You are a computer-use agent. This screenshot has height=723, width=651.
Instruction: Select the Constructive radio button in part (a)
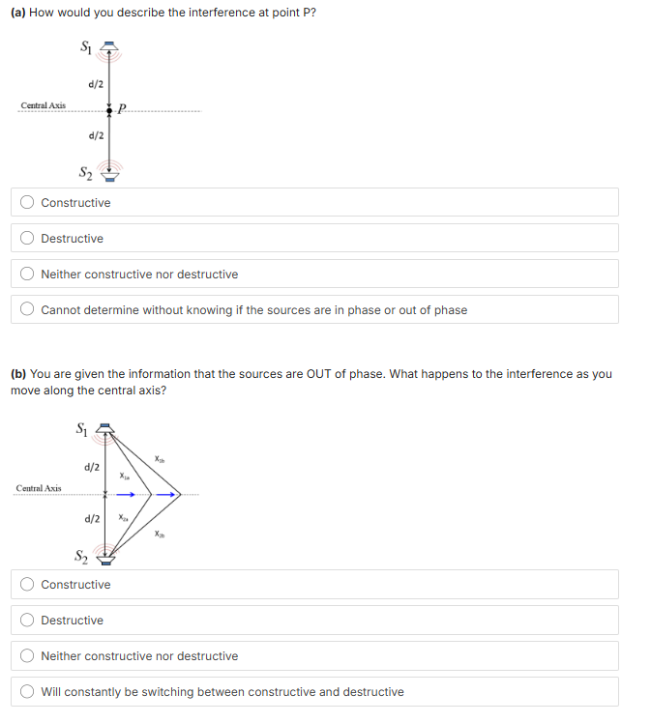28,203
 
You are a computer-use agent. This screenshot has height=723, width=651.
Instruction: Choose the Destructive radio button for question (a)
28,239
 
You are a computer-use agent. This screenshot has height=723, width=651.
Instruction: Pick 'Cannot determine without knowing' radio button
28,310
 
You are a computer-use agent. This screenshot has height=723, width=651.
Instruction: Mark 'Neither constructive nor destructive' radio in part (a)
28,275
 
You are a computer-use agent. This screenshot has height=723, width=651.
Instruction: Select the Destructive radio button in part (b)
28,621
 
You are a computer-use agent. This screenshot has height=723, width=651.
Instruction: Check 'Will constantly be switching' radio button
28,692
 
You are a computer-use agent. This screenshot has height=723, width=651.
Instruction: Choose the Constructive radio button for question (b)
28,585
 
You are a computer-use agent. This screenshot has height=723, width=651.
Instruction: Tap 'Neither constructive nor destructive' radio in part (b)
28,656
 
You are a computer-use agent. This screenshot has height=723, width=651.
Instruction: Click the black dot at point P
109,110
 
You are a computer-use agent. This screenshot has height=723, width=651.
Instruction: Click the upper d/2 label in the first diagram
96,84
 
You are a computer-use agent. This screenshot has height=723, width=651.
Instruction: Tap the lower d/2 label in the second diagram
93,519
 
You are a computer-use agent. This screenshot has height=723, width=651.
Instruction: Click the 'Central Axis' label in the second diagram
39,488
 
